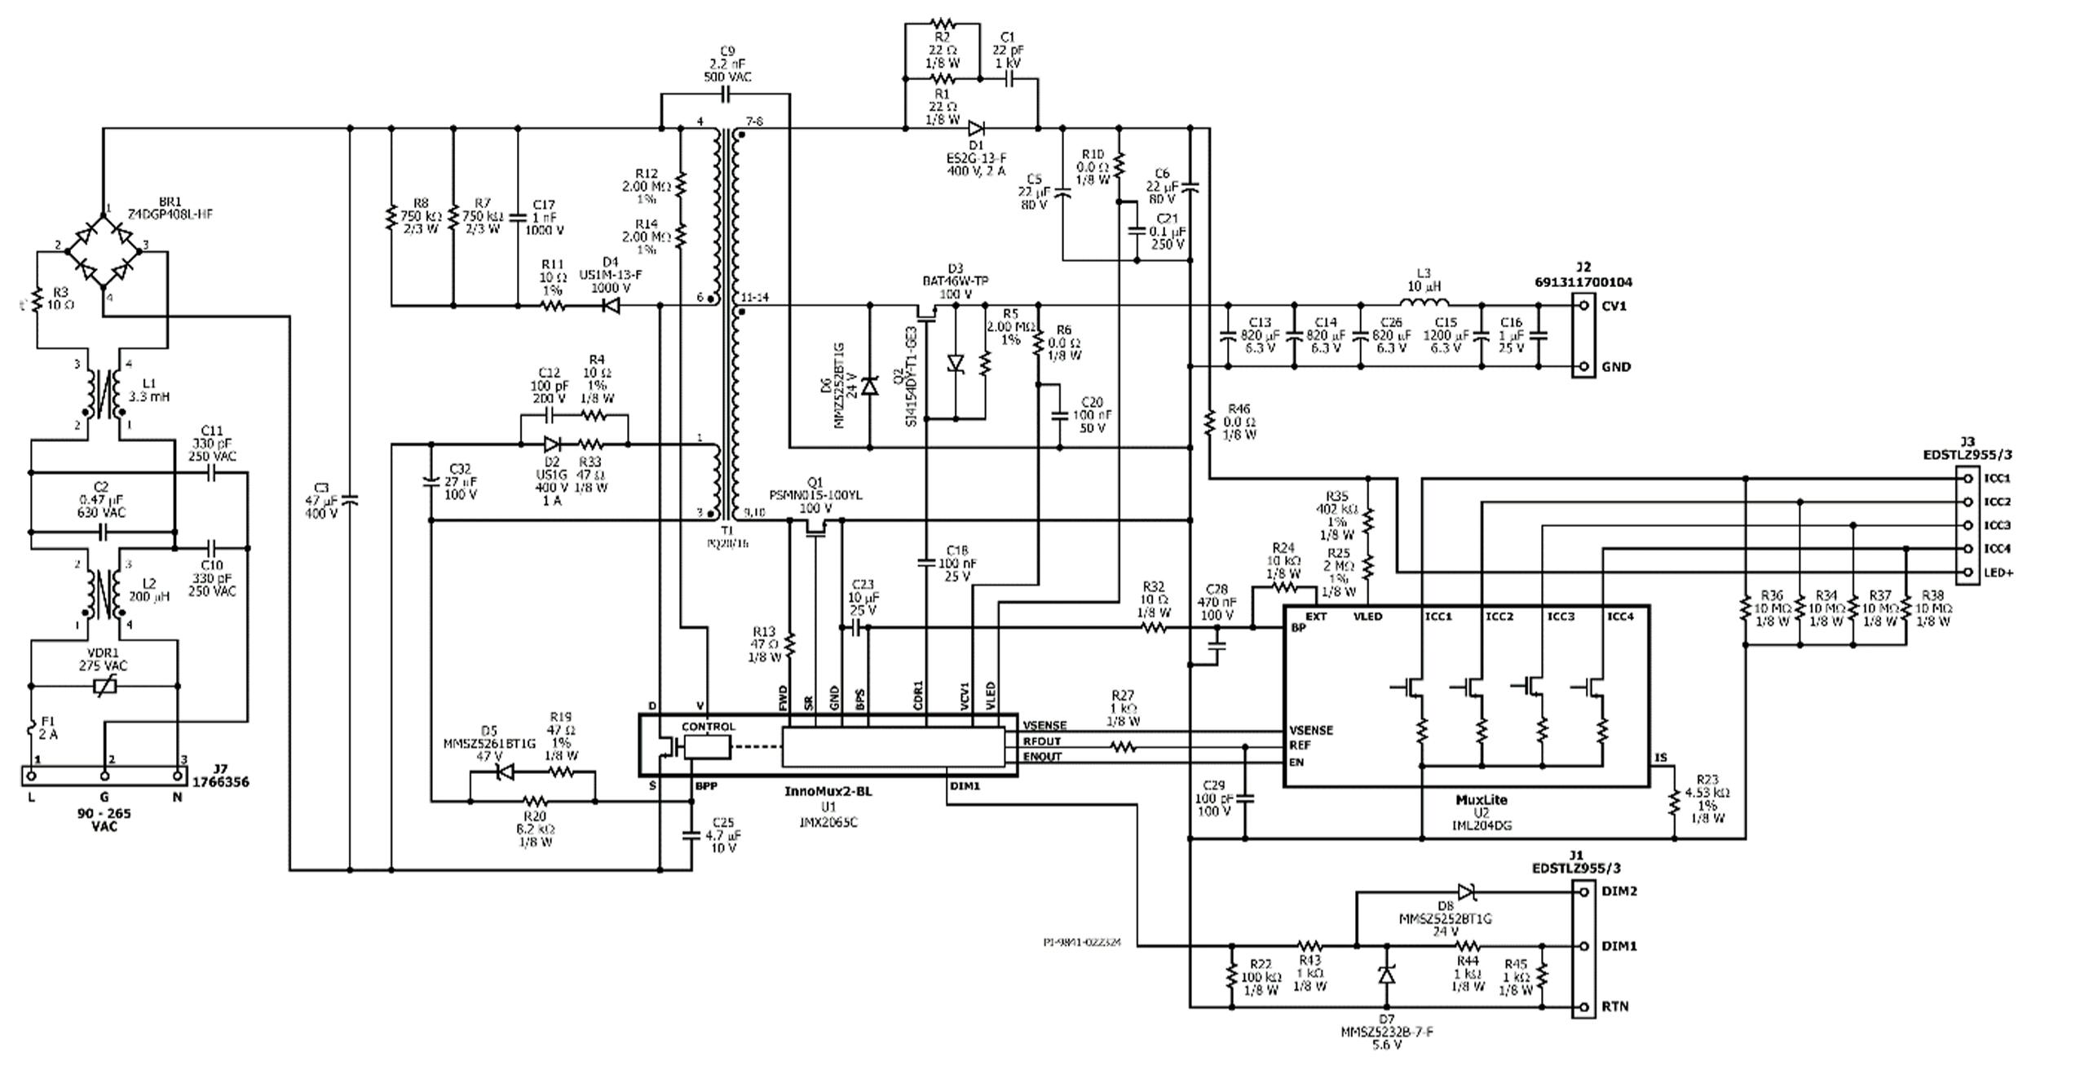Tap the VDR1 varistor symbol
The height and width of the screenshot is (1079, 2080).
(104, 687)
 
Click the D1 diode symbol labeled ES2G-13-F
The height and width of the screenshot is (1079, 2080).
(976, 128)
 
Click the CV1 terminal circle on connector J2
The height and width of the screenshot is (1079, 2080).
(1583, 306)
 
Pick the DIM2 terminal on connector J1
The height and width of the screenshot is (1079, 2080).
(1583, 891)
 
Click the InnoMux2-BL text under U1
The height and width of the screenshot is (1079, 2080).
(828, 792)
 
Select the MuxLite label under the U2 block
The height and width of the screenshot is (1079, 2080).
(1482, 800)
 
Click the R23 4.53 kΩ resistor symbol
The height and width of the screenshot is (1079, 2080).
(1675, 802)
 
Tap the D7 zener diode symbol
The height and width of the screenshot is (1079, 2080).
(1386, 975)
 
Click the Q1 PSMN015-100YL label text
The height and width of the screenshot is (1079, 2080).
(815, 495)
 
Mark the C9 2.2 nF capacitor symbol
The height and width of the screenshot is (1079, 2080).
(726, 95)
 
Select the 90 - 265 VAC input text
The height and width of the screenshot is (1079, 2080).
(104, 820)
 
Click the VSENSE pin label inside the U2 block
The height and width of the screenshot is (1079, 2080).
(1311, 730)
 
